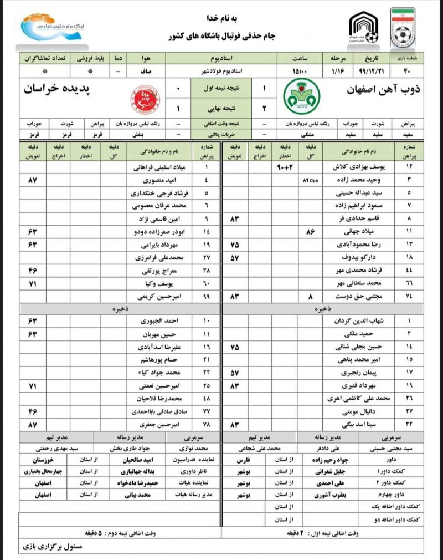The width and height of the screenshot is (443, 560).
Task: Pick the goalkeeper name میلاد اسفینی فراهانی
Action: (158, 166)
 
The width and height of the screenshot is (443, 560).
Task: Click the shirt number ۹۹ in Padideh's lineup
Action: (206, 296)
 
